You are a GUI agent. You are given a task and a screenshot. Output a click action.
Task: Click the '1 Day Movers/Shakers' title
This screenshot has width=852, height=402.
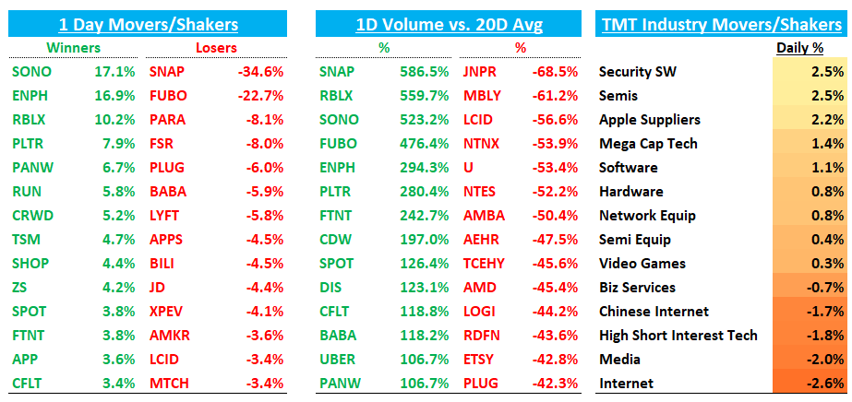point(148,23)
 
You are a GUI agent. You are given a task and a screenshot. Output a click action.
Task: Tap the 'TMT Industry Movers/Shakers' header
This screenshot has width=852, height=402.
point(722,23)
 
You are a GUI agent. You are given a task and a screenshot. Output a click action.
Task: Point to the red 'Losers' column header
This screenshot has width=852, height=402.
point(217,47)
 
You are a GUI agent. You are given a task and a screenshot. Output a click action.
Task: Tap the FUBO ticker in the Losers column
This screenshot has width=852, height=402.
point(167,95)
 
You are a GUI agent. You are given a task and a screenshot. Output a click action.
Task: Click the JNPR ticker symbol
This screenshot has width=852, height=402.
point(481,71)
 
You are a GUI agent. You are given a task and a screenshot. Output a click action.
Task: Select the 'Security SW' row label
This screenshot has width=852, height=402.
point(637,71)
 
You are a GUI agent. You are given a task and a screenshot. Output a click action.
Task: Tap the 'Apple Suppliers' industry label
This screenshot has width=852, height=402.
point(649,119)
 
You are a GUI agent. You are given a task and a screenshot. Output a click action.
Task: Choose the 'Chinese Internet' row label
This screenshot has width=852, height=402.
point(654,311)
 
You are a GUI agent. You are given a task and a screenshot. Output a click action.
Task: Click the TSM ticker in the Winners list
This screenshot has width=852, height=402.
point(27,239)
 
